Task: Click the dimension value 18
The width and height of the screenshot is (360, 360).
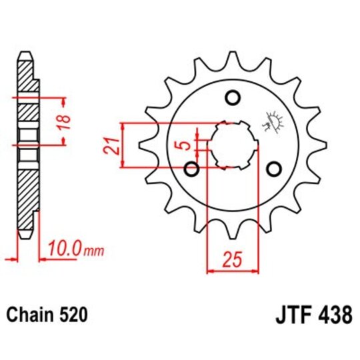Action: (65, 121)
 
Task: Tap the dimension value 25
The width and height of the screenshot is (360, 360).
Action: (232, 261)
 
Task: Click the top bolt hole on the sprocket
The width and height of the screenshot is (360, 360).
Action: (233, 99)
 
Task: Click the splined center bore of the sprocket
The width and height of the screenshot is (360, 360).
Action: (233, 145)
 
